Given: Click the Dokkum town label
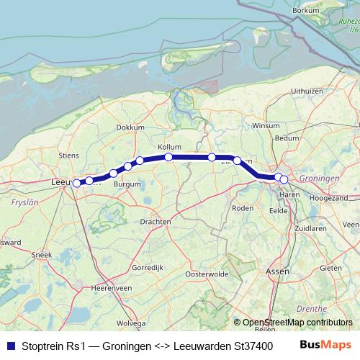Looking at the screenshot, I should pyautogui.click(x=130, y=127).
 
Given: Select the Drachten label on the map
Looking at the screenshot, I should pyautogui.click(x=156, y=221).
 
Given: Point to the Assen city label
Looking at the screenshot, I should pyautogui.click(x=277, y=271).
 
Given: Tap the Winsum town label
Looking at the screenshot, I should pyautogui.click(x=266, y=125).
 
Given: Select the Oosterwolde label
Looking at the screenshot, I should pyautogui.click(x=207, y=274).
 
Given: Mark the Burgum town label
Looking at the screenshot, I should pyautogui.click(x=127, y=184).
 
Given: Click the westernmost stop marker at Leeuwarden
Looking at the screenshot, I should pyautogui.click(x=76, y=183).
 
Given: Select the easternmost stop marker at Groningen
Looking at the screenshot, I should pyautogui.click(x=284, y=179).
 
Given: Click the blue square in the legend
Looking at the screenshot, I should pyautogui.click(x=9, y=346).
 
